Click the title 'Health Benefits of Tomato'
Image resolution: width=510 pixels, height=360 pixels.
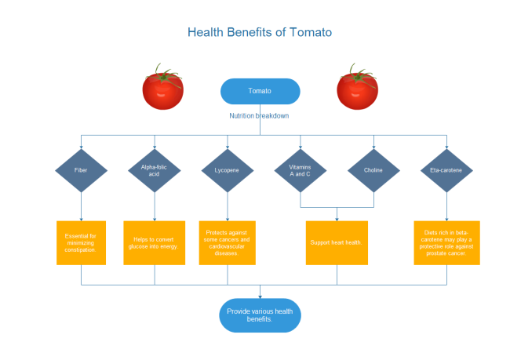tap(260, 33)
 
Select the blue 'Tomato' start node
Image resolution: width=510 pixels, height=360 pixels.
tap(260, 91)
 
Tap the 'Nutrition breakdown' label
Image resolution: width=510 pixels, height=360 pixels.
tap(259, 116)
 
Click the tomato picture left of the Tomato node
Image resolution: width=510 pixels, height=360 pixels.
tap(163, 89)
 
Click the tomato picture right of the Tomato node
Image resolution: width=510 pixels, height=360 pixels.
tap(358, 89)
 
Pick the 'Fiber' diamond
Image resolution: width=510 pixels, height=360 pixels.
tap(81, 170)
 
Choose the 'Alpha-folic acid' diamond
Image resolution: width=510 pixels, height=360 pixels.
tap(155, 170)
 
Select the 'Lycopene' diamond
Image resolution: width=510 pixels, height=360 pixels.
tap(228, 170)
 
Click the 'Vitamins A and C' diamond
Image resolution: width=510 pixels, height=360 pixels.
tap(301, 170)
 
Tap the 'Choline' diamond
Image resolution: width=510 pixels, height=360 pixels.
tap(373, 170)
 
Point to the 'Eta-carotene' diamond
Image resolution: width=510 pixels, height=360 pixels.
tap(446, 170)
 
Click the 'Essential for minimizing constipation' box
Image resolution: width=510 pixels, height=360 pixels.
tap(81, 242)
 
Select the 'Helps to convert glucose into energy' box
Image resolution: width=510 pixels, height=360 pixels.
tap(155, 242)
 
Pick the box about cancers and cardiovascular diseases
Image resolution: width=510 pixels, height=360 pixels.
tap(228, 242)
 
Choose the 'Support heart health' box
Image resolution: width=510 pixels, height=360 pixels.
tap(337, 242)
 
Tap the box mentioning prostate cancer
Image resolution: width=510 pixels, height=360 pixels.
tap(446, 242)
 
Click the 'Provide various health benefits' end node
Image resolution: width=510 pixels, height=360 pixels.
tap(260, 315)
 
